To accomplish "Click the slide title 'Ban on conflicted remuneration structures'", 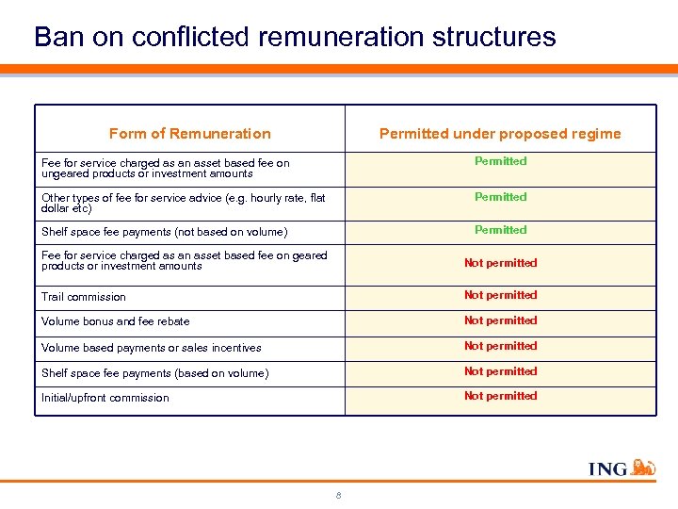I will pyautogui.click(x=295, y=37).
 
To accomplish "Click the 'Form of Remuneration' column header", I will pyautogui.click(x=189, y=134).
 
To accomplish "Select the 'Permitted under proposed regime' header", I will pyautogui.click(x=500, y=134).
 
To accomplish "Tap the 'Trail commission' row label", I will pyautogui.click(x=84, y=297).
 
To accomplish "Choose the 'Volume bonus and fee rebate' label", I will pyautogui.click(x=115, y=321).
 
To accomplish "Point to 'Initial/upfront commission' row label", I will pyautogui.click(x=105, y=398).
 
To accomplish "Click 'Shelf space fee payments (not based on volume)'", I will pyautogui.click(x=164, y=232).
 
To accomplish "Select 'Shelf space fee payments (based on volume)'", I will pyautogui.click(x=154, y=373).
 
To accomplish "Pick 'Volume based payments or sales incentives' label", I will pyautogui.click(x=151, y=348).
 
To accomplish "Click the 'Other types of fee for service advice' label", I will pyautogui.click(x=183, y=198).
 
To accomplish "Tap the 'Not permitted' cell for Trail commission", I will pyautogui.click(x=500, y=295).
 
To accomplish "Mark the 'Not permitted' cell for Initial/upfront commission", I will pyautogui.click(x=500, y=396).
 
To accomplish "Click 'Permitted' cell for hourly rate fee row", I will pyautogui.click(x=500, y=197).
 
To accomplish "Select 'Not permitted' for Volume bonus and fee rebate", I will pyautogui.click(x=500, y=320).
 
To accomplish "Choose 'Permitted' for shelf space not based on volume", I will pyautogui.click(x=500, y=230).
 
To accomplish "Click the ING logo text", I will pyautogui.click(x=607, y=468).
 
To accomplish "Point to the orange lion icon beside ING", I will pyautogui.click(x=642, y=467).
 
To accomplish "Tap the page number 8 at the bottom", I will pyautogui.click(x=338, y=496).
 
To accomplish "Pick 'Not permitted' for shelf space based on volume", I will pyautogui.click(x=500, y=371).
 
